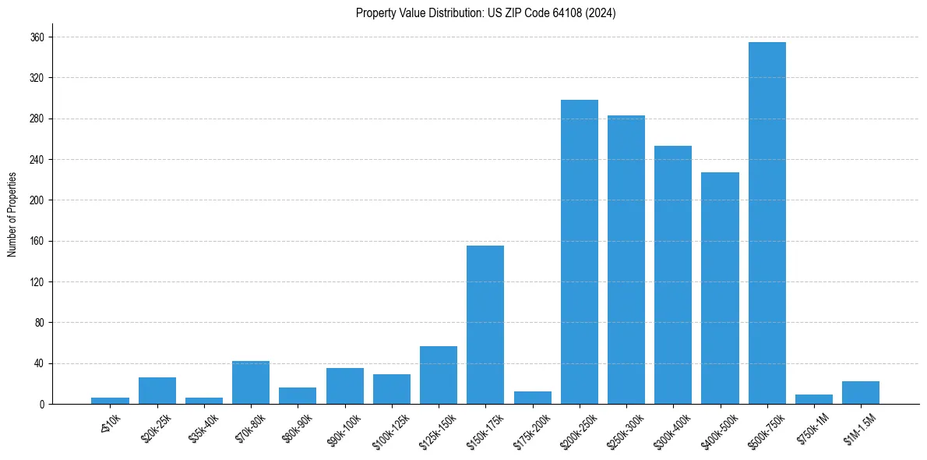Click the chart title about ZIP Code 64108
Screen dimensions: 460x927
coord(485,13)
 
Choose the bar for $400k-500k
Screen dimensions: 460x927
coord(720,288)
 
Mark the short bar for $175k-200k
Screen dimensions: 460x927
coord(533,398)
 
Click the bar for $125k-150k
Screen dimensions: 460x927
coord(439,375)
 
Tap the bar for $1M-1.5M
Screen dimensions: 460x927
coord(861,392)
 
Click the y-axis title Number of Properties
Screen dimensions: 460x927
coord(12,214)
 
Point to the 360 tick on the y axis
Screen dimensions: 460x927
coord(37,37)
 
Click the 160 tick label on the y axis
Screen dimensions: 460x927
coord(37,241)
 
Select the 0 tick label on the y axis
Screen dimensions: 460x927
coord(42,404)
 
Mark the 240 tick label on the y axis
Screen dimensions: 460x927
coord(37,160)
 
